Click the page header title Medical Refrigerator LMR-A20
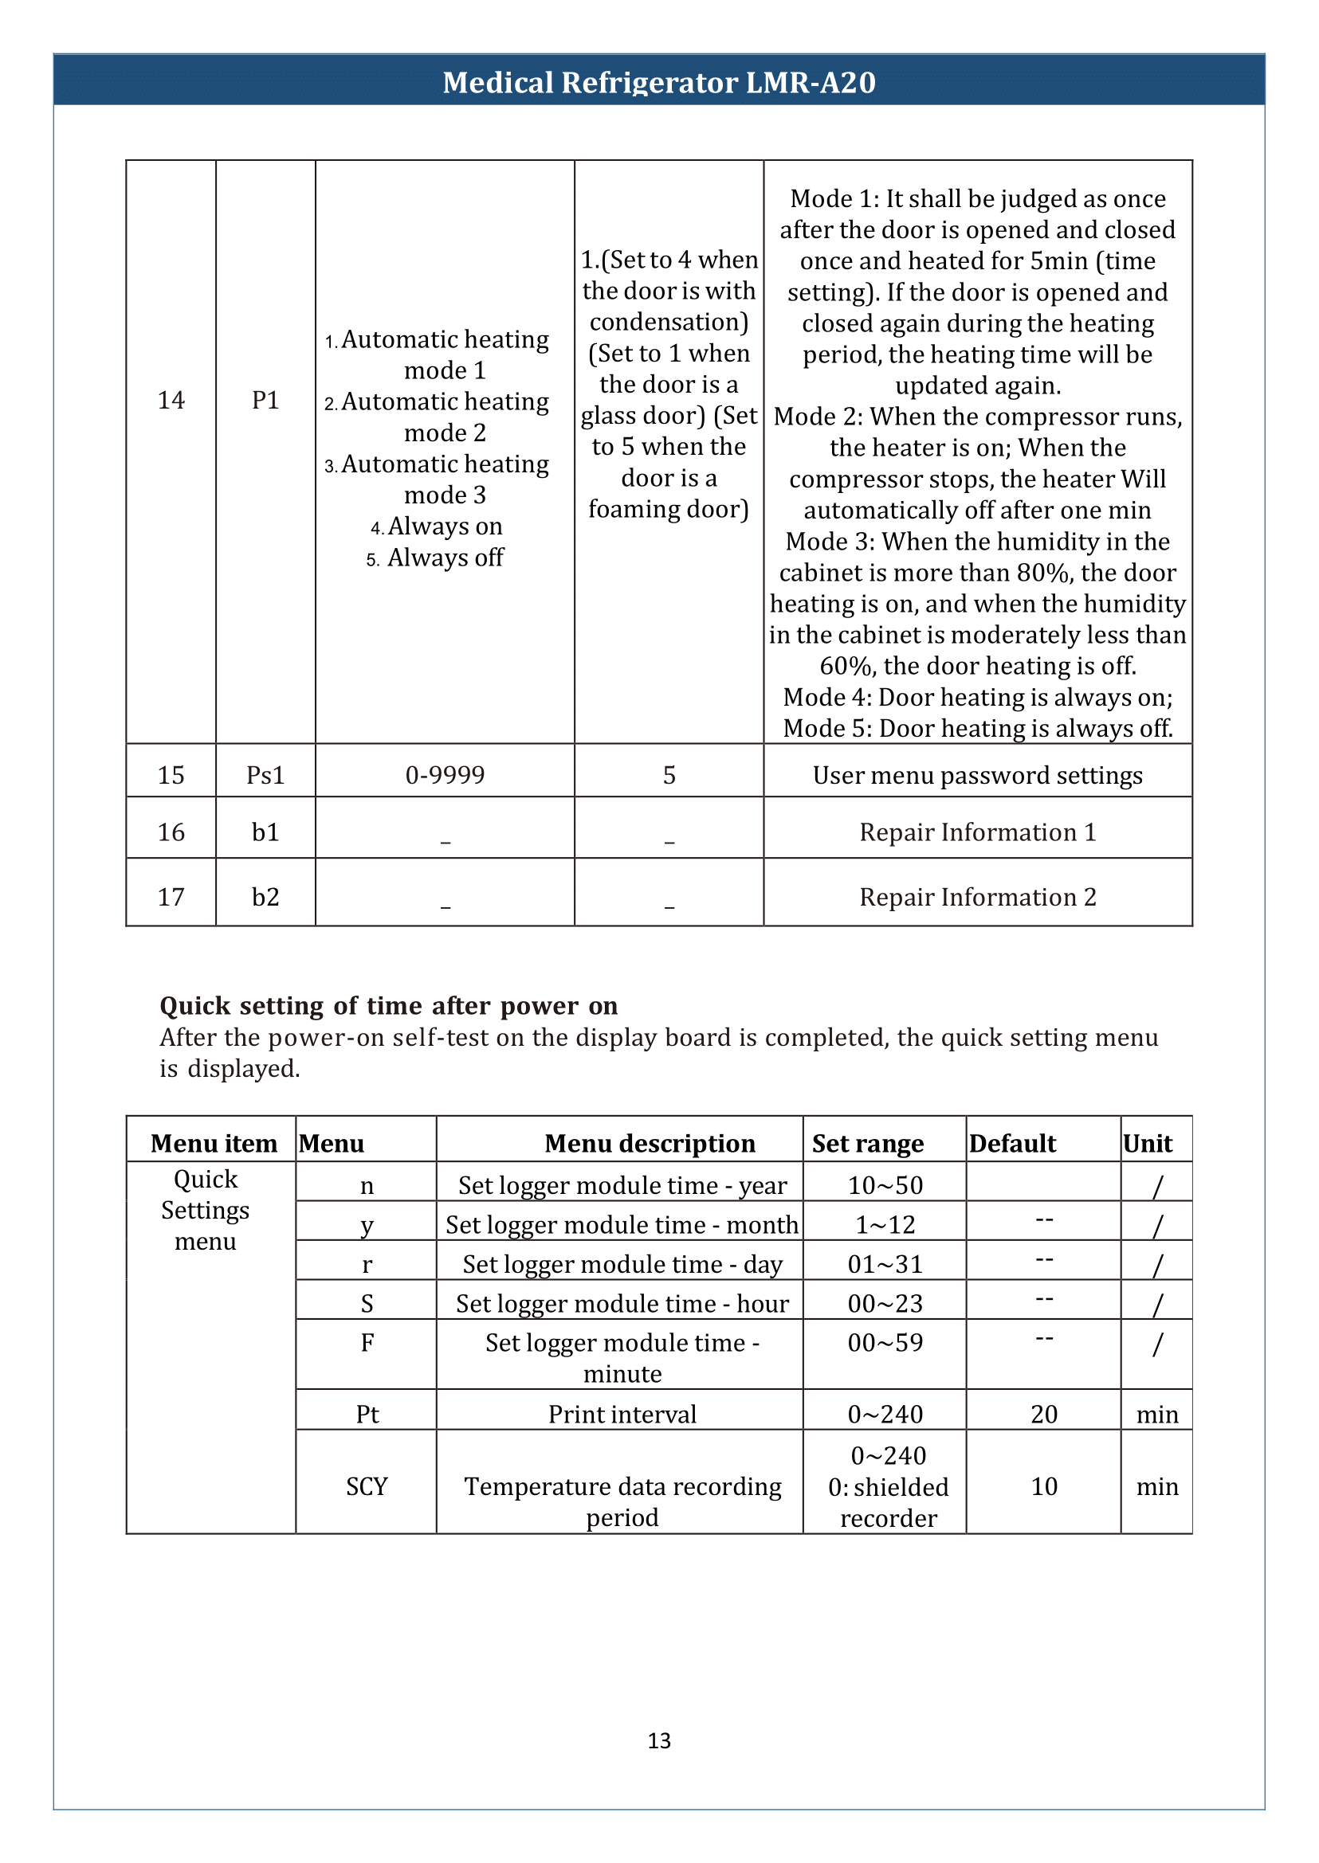(x=658, y=82)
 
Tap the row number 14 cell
(x=171, y=400)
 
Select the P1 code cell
(x=265, y=400)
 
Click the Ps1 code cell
(x=265, y=775)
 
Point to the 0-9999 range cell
(x=444, y=775)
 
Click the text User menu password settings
(x=977, y=775)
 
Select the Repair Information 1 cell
(x=977, y=832)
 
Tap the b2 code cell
(x=265, y=897)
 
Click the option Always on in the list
(x=444, y=526)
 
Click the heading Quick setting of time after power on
(x=388, y=1006)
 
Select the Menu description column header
(x=649, y=1143)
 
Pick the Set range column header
(x=867, y=1143)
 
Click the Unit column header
(x=1147, y=1143)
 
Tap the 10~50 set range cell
(x=885, y=1185)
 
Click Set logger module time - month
(x=622, y=1224)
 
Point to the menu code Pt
(x=367, y=1414)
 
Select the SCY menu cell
(x=367, y=1486)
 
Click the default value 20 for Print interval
(x=1044, y=1414)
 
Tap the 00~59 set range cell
(x=885, y=1343)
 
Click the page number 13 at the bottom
(x=658, y=1740)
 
